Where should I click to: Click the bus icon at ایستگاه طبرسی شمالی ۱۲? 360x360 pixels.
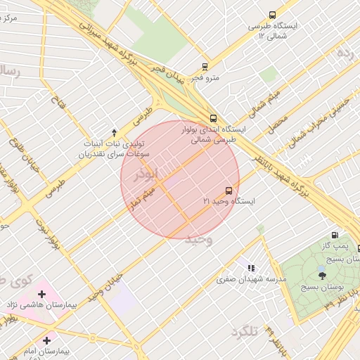click(x=273, y=15)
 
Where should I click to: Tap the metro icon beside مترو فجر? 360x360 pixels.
click(x=205, y=67)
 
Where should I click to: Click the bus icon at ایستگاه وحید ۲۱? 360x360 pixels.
click(x=229, y=191)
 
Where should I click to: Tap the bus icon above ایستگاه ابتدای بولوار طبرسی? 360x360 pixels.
click(x=213, y=118)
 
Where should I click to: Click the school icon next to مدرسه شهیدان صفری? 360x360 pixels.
click(x=251, y=268)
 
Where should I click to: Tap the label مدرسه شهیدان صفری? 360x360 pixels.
click(x=252, y=279)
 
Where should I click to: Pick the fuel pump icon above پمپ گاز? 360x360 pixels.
click(x=334, y=236)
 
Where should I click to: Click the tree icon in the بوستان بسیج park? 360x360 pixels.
click(x=322, y=274)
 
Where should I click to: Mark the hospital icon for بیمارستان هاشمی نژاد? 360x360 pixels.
click(x=41, y=294)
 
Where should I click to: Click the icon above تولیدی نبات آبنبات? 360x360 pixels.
click(x=115, y=132)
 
